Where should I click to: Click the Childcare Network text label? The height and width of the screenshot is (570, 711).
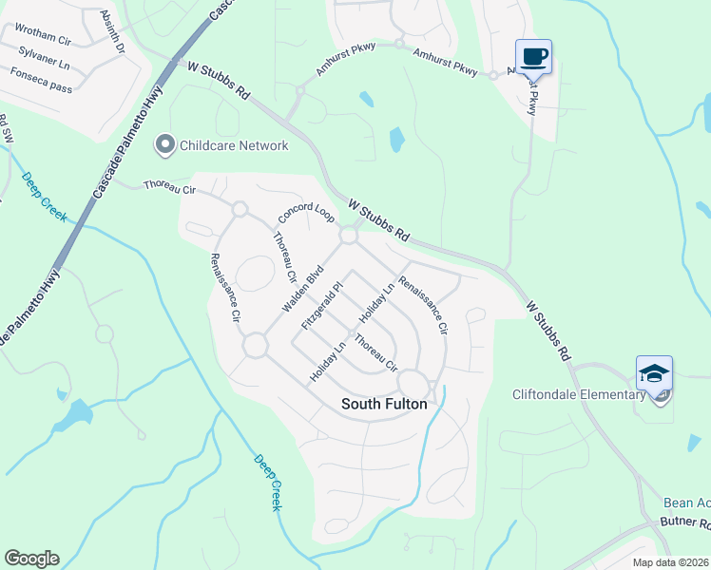(236, 145)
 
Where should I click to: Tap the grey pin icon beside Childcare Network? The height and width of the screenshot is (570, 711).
(166, 145)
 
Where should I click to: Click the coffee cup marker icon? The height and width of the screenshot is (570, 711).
(533, 56)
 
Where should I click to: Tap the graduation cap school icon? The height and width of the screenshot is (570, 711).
(654, 373)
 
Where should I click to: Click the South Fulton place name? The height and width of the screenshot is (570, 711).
(384, 404)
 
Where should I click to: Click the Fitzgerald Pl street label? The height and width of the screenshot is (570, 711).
(320, 306)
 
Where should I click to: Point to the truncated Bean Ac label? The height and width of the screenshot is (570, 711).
(686, 502)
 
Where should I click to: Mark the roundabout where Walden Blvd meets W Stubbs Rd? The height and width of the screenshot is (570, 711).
(349, 235)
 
